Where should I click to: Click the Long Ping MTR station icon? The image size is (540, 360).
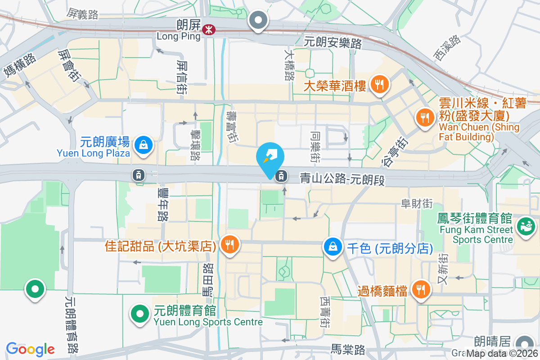pyautogui.click(x=208, y=30)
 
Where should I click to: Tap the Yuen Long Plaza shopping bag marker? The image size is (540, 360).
pyautogui.click(x=143, y=145)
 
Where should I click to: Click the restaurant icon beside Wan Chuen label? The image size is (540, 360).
pyautogui.click(x=424, y=118)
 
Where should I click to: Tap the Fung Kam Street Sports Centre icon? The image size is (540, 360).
pyautogui.click(x=525, y=224)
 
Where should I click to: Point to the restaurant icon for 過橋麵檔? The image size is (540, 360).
pyautogui.click(x=421, y=289)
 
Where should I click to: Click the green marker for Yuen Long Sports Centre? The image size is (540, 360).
pyautogui.click(x=139, y=314)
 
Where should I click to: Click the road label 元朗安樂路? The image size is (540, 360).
pyautogui.click(x=333, y=43)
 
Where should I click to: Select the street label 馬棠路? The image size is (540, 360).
pyautogui.click(x=347, y=350)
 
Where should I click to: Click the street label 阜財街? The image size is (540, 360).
pyautogui.click(x=417, y=203)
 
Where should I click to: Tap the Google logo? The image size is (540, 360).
pyautogui.click(x=30, y=349)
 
